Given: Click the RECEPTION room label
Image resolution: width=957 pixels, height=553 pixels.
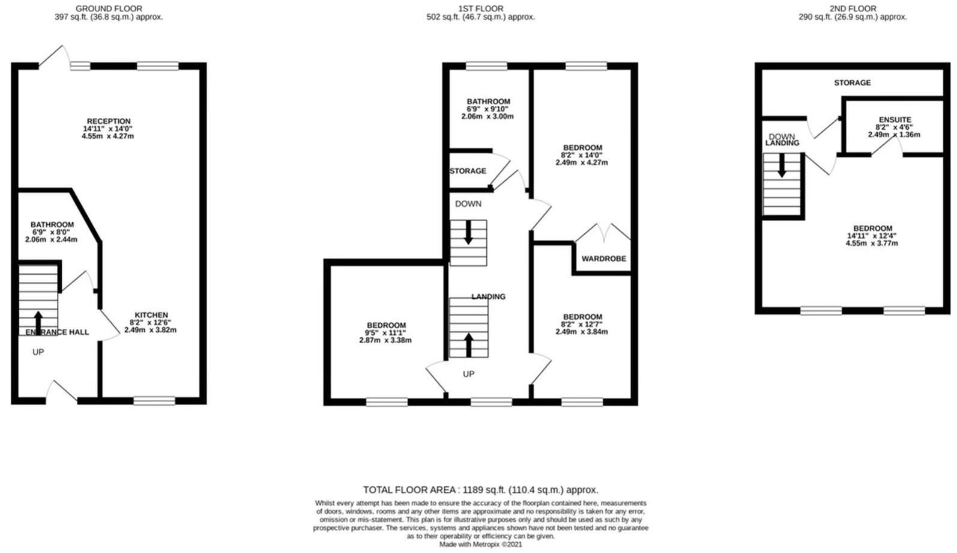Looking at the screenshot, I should pos(109,121).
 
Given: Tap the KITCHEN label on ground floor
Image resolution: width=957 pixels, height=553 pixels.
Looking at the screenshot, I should pos(151,315).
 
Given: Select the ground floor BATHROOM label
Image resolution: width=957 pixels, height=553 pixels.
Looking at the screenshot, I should pos(52,225).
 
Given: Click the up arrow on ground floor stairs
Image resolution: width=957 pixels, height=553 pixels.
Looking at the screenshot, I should pos(38,322).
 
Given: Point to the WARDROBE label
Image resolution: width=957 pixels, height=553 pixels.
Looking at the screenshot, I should pos(603,259).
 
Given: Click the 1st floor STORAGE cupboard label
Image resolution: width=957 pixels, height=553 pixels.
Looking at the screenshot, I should pos(468,171).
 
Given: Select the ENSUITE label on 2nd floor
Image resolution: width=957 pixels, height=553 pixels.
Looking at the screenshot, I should pos(895,120).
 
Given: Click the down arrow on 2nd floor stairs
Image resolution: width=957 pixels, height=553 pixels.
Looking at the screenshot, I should pos(782,165).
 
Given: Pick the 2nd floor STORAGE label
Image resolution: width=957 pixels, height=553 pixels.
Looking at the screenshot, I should pos(852,83).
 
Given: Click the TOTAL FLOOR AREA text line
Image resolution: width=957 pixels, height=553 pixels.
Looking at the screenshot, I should pos(480,490).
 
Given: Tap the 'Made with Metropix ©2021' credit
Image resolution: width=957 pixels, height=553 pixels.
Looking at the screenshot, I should pos(480,545).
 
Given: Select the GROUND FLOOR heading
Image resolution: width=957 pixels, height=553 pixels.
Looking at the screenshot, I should pos(109,8).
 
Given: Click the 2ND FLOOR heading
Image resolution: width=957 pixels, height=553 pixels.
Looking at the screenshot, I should pos(852,8).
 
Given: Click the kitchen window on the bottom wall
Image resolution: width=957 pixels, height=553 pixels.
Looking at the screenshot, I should pos(154,400).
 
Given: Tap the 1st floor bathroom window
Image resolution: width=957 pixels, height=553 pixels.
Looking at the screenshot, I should pos(486,66).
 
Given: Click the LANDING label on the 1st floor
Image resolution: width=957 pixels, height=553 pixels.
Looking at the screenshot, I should pos(488,296).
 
